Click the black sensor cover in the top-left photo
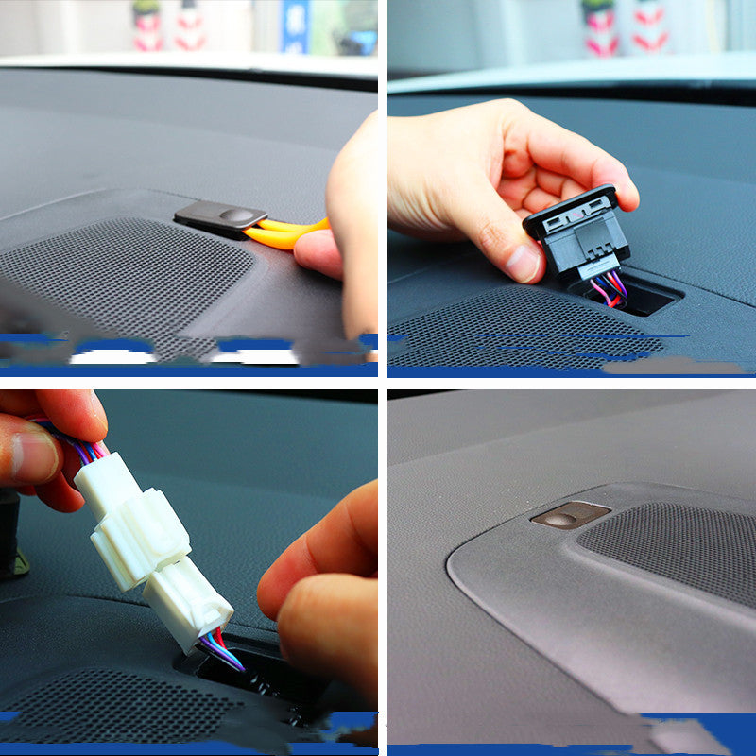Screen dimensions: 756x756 pyautogui.click(x=219, y=217)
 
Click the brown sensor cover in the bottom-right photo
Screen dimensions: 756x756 pyautogui.click(x=570, y=515)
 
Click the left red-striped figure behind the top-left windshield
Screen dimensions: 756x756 pyautogui.click(x=147, y=25)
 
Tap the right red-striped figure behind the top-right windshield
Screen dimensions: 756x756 pyautogui.click(x=649, y=26)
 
